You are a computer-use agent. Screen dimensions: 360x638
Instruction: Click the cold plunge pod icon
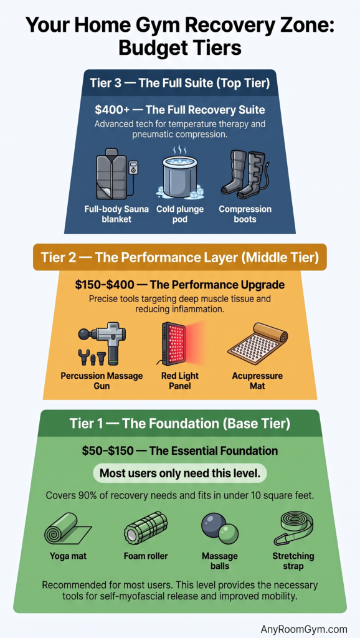[x=180, y=174]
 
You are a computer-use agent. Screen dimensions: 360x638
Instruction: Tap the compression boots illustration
[x=245, y=174]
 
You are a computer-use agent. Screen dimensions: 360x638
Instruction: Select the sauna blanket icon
[x=116, y=174]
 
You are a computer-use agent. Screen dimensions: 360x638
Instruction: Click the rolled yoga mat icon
[x=67, y=528]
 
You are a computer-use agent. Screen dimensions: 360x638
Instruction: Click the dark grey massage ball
[x=212, y=523]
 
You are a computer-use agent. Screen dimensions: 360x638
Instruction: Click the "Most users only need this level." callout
[x=180, y=474]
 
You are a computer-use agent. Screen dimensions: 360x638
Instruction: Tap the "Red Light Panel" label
[x=180, y=380]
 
